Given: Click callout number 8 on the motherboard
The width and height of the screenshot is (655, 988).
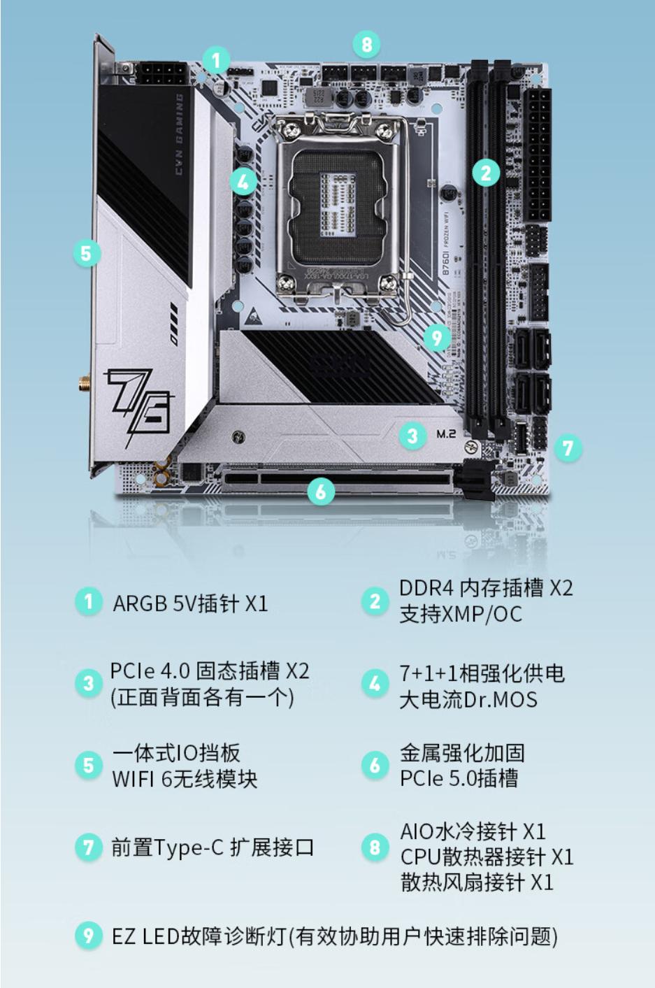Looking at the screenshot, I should pyautogui.click(x=366, y=45).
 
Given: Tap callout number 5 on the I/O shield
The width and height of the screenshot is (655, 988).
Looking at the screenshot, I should pyautogui.click(x=86, y=252).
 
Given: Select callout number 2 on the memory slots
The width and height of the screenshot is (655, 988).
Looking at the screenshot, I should pyautogui.click(x=486, y=172).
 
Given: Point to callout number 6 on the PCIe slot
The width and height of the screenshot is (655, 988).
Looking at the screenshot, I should pyautogui.click(x=321, y=492).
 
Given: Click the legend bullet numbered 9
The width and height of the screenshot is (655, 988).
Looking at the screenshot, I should pyautogui.click(x=88, y=935).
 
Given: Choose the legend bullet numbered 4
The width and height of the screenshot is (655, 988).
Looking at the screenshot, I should pyautogui.click(x=375, y=684).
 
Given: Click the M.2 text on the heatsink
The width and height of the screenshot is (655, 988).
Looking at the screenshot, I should pyautogui.click(x=446, y=434).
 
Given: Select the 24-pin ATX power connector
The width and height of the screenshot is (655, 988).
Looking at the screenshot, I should pyautogui.click(x=539, y=155).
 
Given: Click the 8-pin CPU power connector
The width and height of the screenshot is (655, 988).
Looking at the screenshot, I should pyautogui.click(x=161, y=73).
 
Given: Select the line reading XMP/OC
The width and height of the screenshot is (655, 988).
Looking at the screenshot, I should pyautogui.click(x=461, y=614).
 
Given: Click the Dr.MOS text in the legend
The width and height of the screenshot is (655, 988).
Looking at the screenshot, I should pyautogui.click(x=501, y=699).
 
